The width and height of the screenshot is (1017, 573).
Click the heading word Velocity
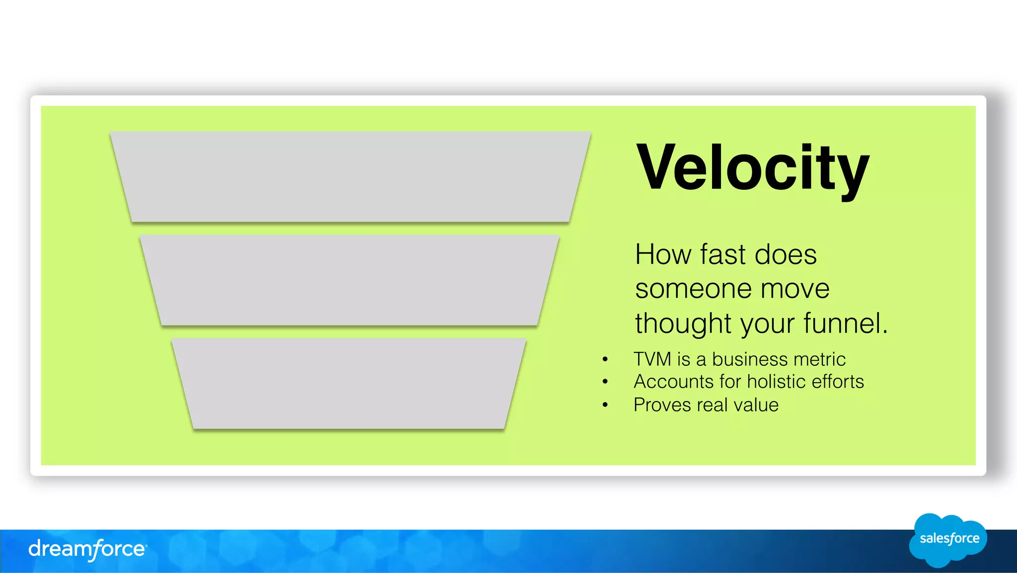coord(752,168)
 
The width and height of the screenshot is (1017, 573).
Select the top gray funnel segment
coord(350,176)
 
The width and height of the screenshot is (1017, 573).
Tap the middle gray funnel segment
coord(350,280)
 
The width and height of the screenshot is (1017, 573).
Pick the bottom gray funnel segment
coord(349,383)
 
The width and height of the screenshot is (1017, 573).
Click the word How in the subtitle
coord(663,254)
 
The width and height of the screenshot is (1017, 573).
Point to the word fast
coord(723,254)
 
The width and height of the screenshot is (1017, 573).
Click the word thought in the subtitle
coord(683,323)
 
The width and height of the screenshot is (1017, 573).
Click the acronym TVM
coord(653,359)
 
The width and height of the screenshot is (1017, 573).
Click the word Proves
coord(662,405)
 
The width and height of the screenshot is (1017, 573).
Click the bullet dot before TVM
coord(605,359)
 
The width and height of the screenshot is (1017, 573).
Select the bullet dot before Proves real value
coord(605,405)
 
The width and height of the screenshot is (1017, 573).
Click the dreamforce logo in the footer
coord(87,549)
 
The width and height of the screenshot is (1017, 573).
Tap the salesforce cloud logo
coord(948,540)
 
